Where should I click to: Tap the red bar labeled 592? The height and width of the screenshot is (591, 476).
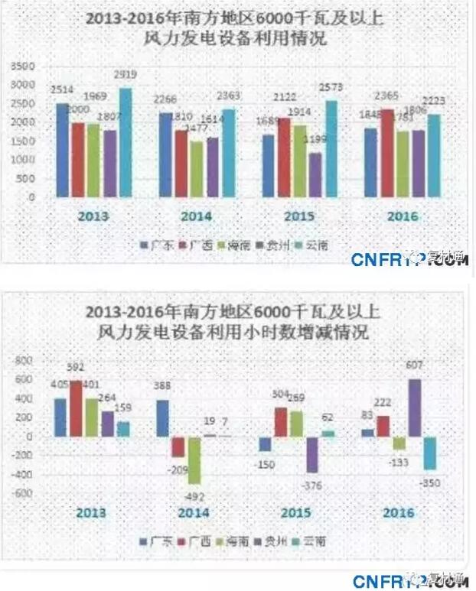tap(77, 408)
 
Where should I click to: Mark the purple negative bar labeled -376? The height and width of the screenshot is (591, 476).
tap(312, 454)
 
